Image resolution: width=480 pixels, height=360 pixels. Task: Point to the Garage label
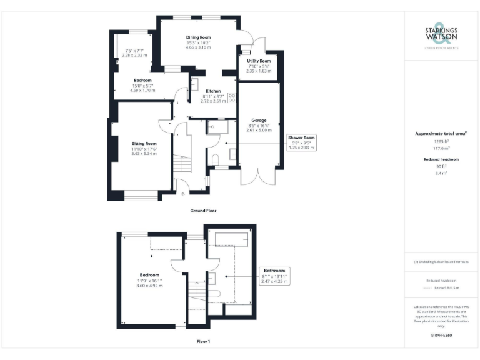click(259, 120)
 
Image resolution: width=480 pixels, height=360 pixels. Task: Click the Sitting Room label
click(144, 143)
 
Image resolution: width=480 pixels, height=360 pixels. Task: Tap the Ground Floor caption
click(203, 211)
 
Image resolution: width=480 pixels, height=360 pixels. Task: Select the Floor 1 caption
click(203, 342)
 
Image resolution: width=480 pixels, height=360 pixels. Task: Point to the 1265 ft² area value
click(442, 142)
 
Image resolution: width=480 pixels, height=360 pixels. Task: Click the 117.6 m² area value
click(442, 148)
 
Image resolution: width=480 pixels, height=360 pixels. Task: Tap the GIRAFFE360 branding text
click(441, 336)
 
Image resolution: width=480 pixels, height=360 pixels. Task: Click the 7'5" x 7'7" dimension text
click(135, 51)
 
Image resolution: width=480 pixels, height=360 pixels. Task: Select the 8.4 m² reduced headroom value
click(442, 173)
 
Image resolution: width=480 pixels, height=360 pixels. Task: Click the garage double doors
click(257, 176)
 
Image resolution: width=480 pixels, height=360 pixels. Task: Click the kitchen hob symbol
click(231, 98)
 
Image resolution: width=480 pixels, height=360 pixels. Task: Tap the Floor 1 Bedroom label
click(149, 275)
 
